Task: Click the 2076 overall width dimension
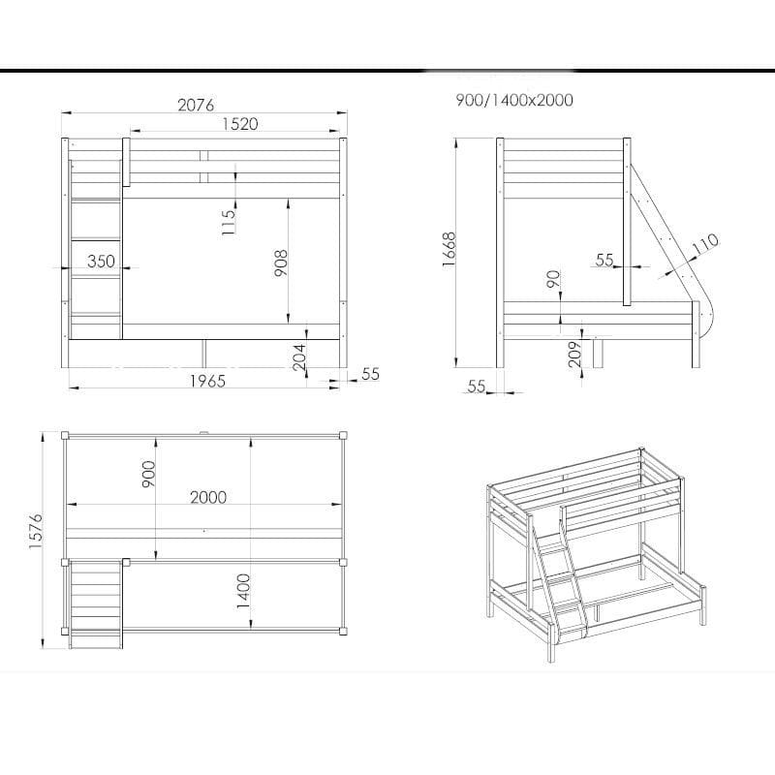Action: click(197, 105)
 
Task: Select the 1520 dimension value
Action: click(240, 124)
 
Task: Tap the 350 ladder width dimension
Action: click(102, 261)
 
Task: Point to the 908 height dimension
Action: click(281, 263)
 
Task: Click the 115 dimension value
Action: click(229, 222)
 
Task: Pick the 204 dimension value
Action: click(299, 357)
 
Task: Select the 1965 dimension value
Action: click(207, 381)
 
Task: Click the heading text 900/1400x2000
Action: click(514, 101)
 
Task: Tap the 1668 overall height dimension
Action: click(449, 250)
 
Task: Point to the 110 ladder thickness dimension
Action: click(705, 244)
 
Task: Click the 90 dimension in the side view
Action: click(554, 279)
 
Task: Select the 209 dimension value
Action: click(575, 354)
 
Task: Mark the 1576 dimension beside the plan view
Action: click(36, 531)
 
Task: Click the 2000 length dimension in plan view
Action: click(208, 497)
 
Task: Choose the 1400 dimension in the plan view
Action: click(244, 591)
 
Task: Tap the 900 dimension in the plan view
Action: click(149, 474)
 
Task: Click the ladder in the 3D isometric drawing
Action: click(559, 578)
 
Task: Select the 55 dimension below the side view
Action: click(477, 386)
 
